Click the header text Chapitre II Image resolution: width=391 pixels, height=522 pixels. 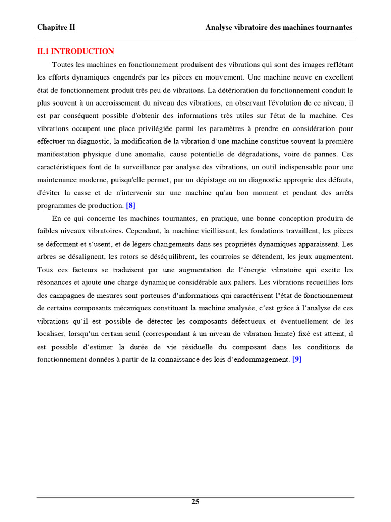(56, 27)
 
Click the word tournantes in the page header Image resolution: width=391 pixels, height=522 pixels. (330, 27)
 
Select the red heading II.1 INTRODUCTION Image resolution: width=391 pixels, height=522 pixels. (75, 51)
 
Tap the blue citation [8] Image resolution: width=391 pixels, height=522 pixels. (130, 205)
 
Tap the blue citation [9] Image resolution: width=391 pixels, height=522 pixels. (297, 359)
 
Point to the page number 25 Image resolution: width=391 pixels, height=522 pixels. (195, 502)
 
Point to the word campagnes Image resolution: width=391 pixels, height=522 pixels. (69, 295)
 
